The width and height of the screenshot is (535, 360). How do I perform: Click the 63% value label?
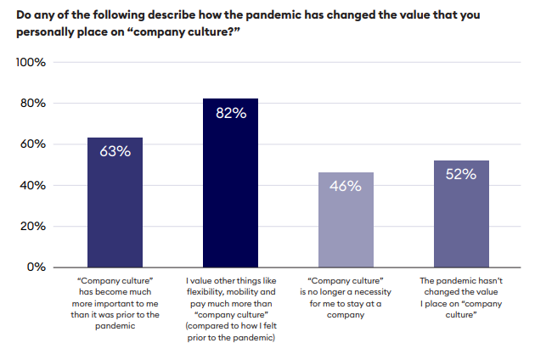point(115,152)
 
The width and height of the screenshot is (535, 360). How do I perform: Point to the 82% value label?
point(230,113)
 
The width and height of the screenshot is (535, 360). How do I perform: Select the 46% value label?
point(346,186)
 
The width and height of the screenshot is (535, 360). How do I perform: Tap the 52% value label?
point(461,174)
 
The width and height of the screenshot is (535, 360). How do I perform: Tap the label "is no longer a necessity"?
point(346,290)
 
